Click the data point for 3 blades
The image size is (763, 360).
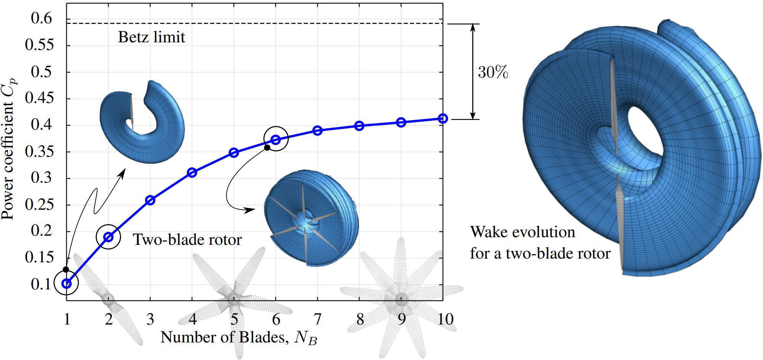pos(150,200)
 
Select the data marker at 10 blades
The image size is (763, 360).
pos(443,119)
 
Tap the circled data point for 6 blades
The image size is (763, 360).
pos(276,140)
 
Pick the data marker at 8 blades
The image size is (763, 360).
pos(359,126)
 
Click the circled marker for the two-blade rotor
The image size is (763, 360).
pos(108,237)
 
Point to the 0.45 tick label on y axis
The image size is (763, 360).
pos(39,99)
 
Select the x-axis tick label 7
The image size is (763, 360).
pos(317,319)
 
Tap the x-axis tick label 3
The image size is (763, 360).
pos(150,319)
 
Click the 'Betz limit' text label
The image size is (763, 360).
pos(151,37)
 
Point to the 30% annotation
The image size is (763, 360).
pos(493,72)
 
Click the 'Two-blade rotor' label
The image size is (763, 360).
pos(187,240)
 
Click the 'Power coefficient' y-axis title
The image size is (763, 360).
pos(8,149)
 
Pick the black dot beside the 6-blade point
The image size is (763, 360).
pos(267,148)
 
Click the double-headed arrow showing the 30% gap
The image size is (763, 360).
pos(473,72)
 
